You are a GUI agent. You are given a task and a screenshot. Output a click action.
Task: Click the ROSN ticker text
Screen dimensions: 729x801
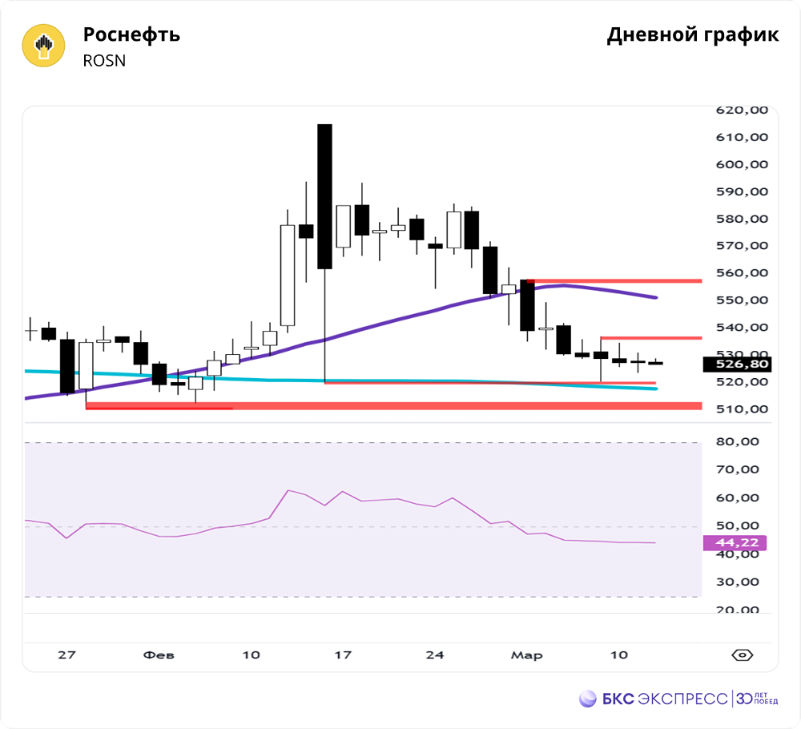(105, 61)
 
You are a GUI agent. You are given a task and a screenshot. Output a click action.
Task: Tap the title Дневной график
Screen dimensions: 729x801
(692, 35)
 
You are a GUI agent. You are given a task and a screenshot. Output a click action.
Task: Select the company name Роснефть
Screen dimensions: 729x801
(131, 35)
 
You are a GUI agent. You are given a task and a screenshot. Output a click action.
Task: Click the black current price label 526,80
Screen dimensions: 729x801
(735, 364)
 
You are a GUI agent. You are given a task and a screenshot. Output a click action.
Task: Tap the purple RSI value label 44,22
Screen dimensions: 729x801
(735, 543)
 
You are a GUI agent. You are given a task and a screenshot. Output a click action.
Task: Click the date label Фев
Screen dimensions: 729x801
(159, 655)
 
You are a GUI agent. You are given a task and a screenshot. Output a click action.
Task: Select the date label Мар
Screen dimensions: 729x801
(526, 655)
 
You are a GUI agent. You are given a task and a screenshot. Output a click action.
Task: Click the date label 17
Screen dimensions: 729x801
(343, 655)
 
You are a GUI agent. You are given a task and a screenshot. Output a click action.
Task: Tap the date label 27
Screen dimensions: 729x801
(66, 655)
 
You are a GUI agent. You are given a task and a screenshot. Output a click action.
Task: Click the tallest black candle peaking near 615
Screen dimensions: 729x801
(324, 196)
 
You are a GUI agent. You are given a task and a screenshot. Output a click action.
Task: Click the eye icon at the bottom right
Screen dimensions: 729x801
(743, 655)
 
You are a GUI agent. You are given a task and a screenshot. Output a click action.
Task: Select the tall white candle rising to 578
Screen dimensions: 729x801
(288, 275)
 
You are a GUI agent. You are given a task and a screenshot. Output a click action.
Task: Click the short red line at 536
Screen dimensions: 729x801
(650, 338)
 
